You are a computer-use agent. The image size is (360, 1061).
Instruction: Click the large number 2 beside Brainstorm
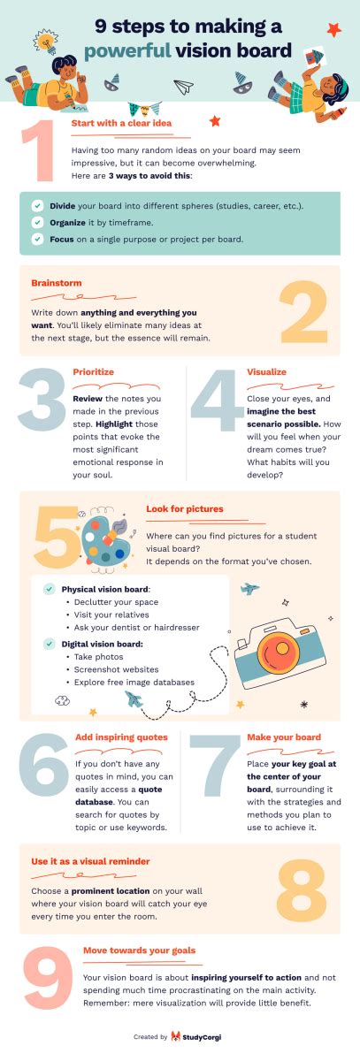(303, 311)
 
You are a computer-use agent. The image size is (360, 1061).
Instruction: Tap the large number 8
(302, 889)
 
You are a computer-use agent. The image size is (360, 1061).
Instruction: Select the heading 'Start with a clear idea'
(121, 123)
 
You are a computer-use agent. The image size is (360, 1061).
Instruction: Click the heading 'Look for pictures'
(184, 508)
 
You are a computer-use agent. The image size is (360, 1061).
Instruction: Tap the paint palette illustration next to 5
(106, 540)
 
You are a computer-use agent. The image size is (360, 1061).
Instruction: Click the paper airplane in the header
(184, 87)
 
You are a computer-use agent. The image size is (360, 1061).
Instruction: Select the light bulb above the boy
(45, 41)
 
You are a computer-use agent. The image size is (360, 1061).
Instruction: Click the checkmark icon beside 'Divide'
(37, 206)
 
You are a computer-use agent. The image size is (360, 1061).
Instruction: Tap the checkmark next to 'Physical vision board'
(49, 589)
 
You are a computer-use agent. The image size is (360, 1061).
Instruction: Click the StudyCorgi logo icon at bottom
(176, 1037)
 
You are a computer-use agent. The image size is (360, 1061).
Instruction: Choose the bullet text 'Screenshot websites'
(116, 669)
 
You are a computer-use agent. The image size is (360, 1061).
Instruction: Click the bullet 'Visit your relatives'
(111, 614)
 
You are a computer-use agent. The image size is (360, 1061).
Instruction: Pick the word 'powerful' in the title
(127, 51)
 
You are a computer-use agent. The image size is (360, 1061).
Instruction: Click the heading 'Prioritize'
(93, 372)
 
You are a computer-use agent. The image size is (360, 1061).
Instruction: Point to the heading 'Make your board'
(284, 737)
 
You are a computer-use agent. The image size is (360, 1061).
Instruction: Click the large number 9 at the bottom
(48, 977)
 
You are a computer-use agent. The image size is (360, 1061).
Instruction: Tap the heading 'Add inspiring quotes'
(121, 737)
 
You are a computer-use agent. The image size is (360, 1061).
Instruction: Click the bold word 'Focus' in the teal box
(62, 240)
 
